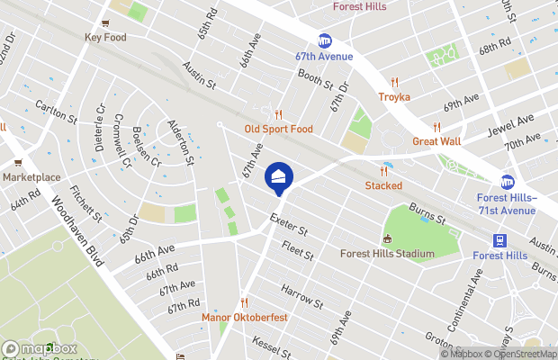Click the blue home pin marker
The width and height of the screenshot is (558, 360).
[x=279, y=176]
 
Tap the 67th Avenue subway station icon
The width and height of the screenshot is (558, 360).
[x=324, y=40]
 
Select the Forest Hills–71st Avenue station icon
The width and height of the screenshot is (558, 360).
[x=508, y=183]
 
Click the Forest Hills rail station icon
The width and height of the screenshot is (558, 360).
[x=499, y=240]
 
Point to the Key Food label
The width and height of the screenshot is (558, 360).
[x=105, y=38]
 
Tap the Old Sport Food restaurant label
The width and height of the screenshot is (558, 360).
[x=279, y=129]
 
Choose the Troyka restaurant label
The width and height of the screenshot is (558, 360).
[x=394, y=96]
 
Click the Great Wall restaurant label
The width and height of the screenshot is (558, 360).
[x=436, y=141]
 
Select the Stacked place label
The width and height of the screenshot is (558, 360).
[x=383, y=185]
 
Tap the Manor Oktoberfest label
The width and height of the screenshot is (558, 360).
[x=244, y=318]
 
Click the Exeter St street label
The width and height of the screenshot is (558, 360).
[x=290, y=224]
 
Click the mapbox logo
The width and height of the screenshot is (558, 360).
[x=40, y=348]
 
